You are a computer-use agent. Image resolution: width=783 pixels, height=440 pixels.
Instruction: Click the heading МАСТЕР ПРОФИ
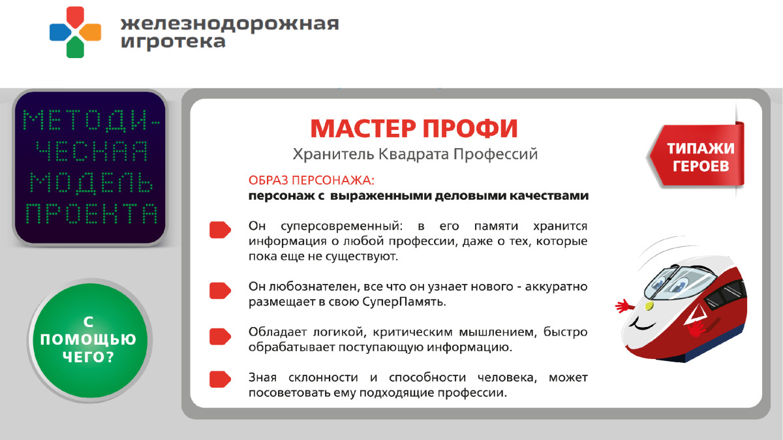click(x=414, y=129)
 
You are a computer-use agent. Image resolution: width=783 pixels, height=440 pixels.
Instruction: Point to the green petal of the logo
click(x=75, y=48)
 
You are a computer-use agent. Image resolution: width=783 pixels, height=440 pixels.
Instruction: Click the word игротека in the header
click(x=174, y=42)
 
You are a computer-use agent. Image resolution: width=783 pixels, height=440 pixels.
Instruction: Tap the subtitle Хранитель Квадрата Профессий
click(x=415, y=155)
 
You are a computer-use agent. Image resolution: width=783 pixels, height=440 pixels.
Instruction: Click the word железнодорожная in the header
click(x=230, y=24)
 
